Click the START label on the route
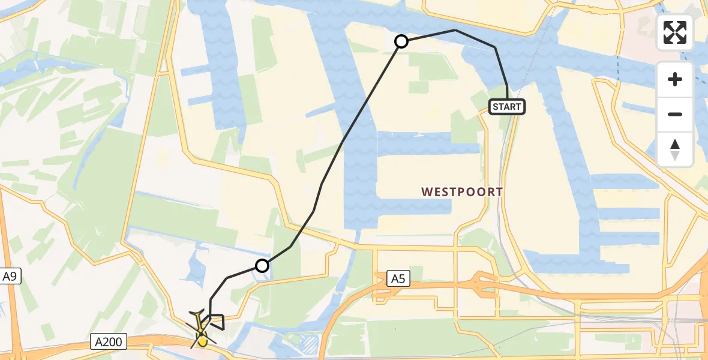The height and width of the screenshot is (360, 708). click(x=508, y=107)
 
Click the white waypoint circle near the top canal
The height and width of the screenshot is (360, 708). click(x=401, y=41)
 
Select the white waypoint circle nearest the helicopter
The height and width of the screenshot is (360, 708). click(x=262, y=265)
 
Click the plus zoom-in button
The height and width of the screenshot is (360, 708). click(x=675, y=79)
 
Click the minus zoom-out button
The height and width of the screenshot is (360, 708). click(x=675, y=114)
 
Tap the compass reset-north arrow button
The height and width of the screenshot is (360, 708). click(x=675, y=149)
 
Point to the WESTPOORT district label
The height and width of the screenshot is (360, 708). click(x=462, y=192)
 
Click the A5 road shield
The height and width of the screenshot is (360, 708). click(x=397, y=278)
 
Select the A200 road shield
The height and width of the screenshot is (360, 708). click(x=109, y=342)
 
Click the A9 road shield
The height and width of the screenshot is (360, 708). click(x=9, y=277)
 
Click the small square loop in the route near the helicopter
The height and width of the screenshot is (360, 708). click(x=217, y=322)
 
